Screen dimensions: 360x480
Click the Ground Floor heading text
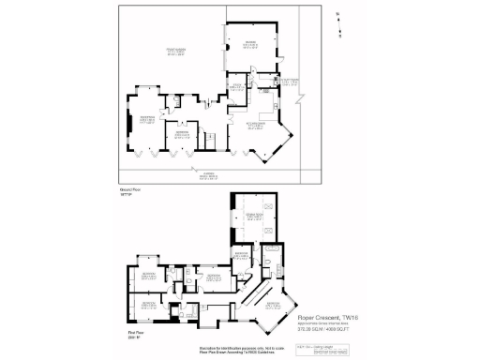(128, 188)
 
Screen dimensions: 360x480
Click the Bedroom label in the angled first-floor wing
(273, 307)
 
